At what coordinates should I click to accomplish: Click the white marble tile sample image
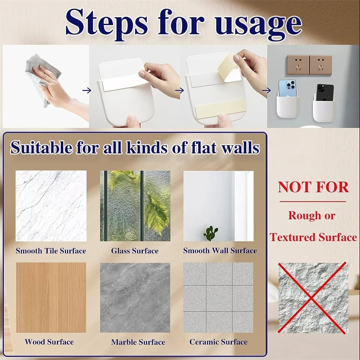point(51,206)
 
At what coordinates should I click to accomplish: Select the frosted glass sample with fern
point(135,206)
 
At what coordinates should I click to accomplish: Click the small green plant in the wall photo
point(210,233)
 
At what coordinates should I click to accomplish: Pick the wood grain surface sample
point(51,297)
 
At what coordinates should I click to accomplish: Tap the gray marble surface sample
point(135,297)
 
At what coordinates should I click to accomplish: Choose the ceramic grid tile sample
point(218,297)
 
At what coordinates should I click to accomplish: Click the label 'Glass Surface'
point(135,251)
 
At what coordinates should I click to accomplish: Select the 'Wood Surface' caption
point(49,342)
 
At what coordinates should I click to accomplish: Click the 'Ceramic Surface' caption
point(218,342)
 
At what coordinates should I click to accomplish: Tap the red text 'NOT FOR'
point(313,187)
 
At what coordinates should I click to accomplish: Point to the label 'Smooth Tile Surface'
point(51,251)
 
